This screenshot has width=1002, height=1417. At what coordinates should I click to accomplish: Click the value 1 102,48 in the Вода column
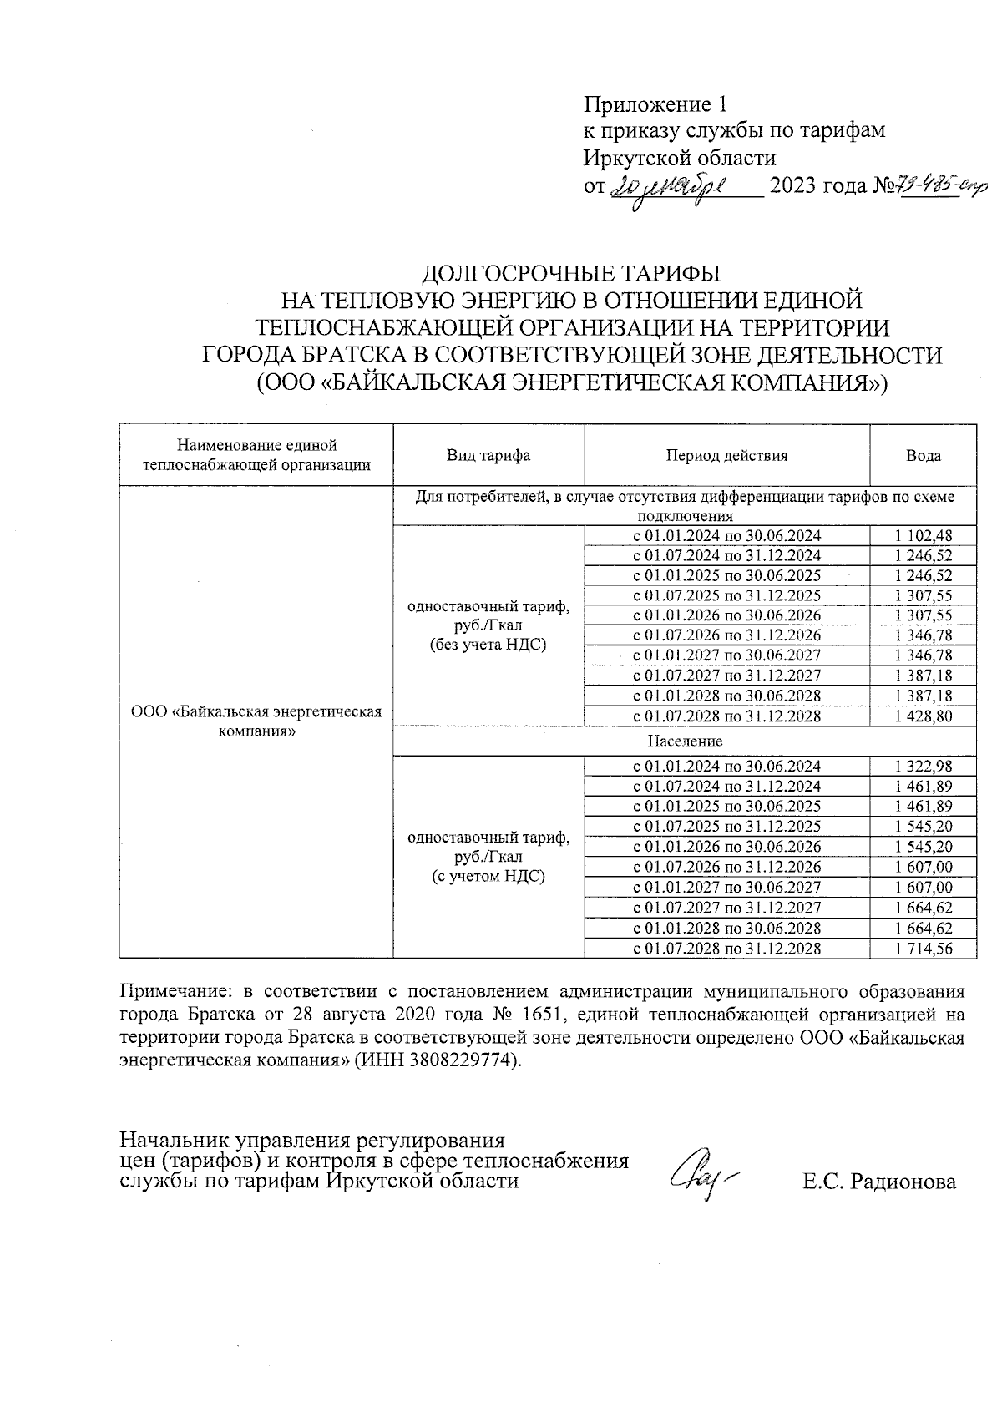click(x=923, y=536)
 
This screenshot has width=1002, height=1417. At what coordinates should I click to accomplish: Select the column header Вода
click(x=924, y=456)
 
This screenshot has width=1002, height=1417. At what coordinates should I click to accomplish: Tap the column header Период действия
click(x=726, y=456)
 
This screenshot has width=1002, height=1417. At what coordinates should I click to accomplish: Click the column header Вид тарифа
click(x=488, y=456)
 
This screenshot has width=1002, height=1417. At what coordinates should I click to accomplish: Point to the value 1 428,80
click(x=923, y=716)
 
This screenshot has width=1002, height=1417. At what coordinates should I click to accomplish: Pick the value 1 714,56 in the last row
click(x=923, y=949)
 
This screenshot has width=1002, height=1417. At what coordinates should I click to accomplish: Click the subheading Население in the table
click(x=685, y=741)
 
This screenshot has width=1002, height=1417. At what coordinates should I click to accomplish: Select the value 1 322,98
click(x=923, y=767)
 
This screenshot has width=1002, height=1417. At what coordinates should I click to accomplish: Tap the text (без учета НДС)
click(x=488, y=645)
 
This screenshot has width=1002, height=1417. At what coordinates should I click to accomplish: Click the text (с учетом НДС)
click(x=488, y=877)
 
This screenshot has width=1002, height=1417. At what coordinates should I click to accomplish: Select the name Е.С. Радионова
click(x=879, y=1182)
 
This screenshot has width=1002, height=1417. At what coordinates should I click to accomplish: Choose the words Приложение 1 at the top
click(x=655, y=104)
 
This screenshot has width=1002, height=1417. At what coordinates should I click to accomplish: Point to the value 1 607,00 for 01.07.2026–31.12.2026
click(x=923, y=868)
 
